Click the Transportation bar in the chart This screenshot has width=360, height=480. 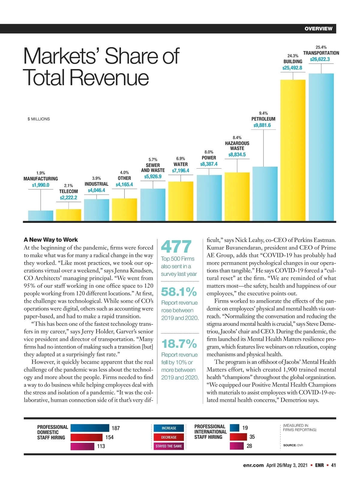tap(321, 147)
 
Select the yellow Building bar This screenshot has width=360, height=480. tap(293, 150)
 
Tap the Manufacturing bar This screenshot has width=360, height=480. tap(40, 216)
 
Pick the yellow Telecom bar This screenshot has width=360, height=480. tap(68, 215)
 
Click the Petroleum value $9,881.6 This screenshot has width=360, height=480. tap(262, 125)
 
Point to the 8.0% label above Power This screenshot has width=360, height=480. tap(209, 152)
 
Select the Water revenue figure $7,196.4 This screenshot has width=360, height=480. tap(181, 171)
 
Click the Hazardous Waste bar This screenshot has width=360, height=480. tap(237, 196)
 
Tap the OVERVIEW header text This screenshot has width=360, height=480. tap(318, 29)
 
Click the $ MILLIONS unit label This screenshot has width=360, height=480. tap(39, 119)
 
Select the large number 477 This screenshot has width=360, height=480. tap(176, 247)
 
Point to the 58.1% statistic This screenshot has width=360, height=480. tap(179, 292)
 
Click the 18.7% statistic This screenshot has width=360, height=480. tap(179, 344)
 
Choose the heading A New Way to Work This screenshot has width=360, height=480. tap(51, 240)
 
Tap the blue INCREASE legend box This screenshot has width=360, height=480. tap(169, 428)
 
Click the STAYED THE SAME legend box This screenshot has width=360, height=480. tap(169, 446)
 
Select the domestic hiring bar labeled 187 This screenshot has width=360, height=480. tap(90, 428)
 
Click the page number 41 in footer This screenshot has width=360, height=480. tap(333, 465)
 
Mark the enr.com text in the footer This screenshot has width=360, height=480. tap(253, 465)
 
